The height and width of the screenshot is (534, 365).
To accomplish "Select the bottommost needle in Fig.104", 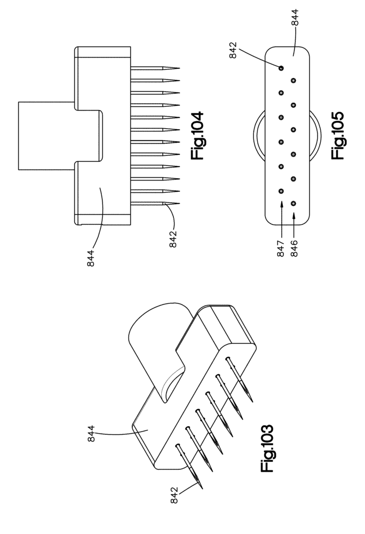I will (155, 203).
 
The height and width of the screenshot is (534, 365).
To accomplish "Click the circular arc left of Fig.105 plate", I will (255, 136).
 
